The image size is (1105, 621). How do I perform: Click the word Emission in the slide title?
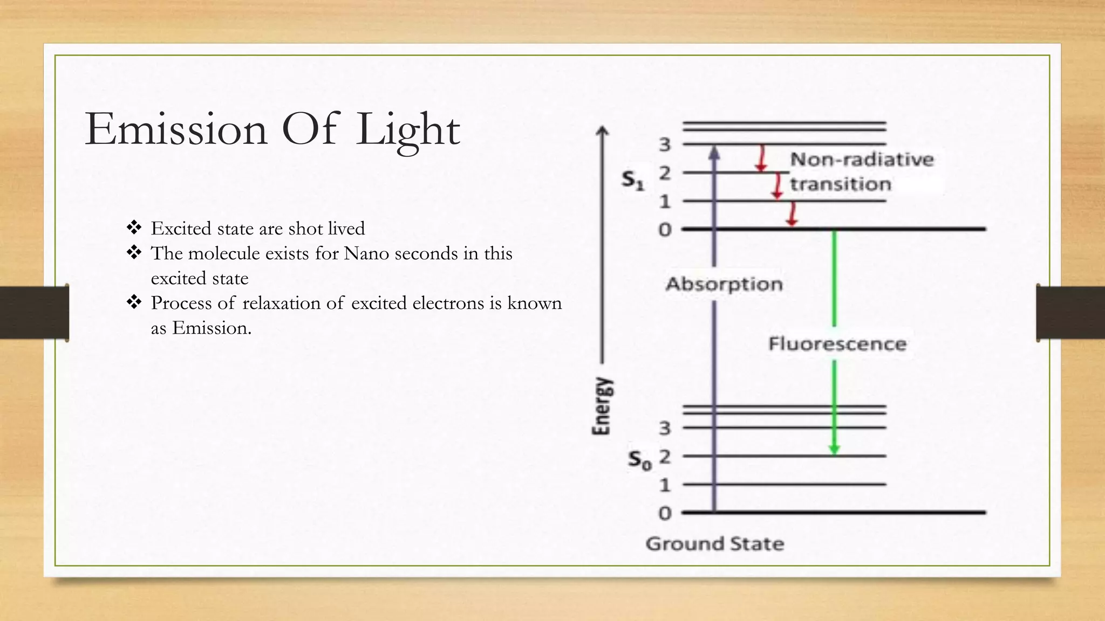click(176, 129)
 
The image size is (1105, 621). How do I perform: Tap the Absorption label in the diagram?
click(724, 284)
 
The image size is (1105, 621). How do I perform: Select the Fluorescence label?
click(837, 344)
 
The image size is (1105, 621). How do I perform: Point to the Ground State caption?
click(715, 544)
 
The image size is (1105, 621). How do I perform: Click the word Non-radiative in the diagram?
click(862, 160)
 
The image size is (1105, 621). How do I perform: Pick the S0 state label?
click(639, 460)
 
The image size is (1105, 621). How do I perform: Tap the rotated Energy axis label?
click(602, 405)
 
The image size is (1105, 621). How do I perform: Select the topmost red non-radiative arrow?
click(761, 158)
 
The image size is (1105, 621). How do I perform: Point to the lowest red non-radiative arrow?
click(792, 214)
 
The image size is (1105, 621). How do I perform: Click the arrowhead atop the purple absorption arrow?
click(714, 153)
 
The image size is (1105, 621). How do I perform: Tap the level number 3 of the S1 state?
click(665, 144)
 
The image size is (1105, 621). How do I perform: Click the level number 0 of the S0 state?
click(665, 513)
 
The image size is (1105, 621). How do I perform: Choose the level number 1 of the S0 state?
click(665, 485)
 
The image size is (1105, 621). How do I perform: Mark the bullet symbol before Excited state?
click(134, 227)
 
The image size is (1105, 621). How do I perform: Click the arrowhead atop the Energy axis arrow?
click(603, 131)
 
